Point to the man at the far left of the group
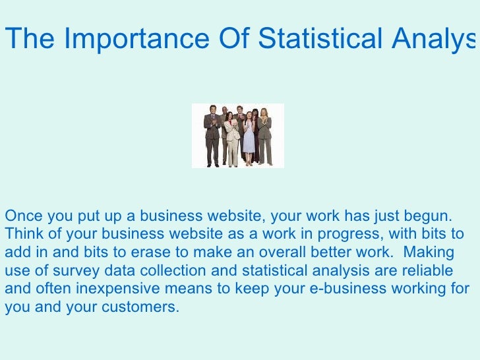point(212,135)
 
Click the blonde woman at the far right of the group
point(264,135)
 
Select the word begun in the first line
point(429,216)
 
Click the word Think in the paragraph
point(22,234)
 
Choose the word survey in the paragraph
point(73,271)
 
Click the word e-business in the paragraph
point(348,289)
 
